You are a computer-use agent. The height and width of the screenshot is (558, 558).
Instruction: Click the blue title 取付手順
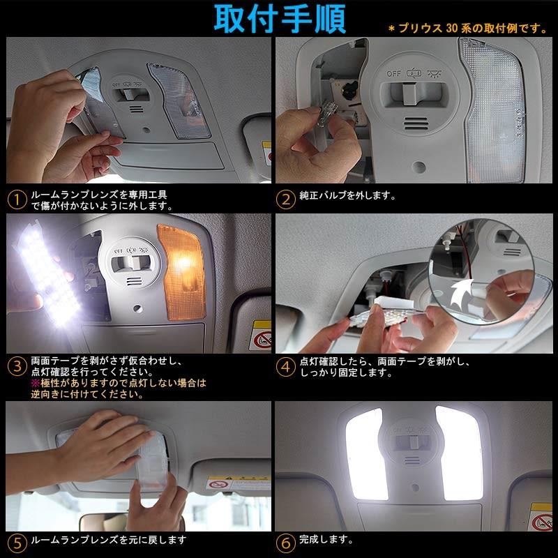click(x=280, y=19)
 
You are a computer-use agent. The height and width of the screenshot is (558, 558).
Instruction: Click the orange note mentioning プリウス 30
click(x=467, y=28)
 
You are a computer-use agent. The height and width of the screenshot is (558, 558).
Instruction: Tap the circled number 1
click(x=17, y=199)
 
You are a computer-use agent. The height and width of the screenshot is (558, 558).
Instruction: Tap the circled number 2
click(x=286, y=199)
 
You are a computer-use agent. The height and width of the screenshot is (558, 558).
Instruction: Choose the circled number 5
click(x=17, y=543)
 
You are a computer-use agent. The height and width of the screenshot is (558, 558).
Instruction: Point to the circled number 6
click(x=286, y=543)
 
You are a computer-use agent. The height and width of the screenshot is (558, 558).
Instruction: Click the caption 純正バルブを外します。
click(x=347, y=195)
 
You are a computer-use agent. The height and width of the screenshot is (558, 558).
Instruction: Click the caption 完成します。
click(x=326, y=539)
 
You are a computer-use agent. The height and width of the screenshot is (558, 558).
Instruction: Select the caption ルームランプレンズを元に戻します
click(x=109, y=540)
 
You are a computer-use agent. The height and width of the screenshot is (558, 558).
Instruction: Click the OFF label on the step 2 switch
click(x=393, y=74)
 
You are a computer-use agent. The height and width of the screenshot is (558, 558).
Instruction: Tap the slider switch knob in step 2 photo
click(x=409, y=93)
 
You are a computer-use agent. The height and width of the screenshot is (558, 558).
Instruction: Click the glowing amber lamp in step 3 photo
click(x=182, y=271)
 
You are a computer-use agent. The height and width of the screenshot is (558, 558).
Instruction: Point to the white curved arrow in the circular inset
click(x=462, y=292)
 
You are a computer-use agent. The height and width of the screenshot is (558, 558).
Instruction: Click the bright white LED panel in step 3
click(x=49, y=274)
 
